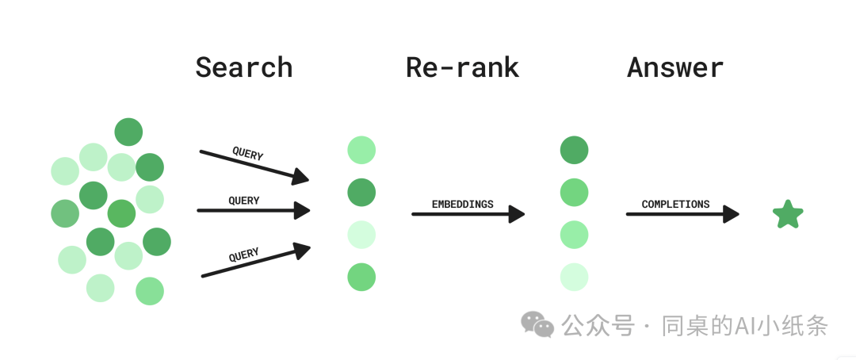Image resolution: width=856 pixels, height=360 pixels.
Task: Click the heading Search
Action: click(x=244, y=67)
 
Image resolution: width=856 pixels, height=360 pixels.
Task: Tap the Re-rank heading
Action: click(x=462, y=67)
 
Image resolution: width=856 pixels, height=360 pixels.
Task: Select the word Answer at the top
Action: click(x=675, y=67)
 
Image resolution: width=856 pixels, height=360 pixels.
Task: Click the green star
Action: click(x=788, y=214)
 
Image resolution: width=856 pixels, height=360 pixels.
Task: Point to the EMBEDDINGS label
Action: click(x=462, y=205)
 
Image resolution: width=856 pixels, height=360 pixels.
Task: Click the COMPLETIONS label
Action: click(x=675, y=205)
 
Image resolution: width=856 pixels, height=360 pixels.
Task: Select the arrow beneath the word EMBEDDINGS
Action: click(x=468, y=214)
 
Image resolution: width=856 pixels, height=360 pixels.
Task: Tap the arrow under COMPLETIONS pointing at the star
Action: click(x=682, y=214)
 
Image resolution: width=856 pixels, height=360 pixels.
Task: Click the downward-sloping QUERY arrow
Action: click(x=254, y=166)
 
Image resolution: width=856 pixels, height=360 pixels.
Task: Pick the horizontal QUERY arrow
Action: click(x=254, y=210)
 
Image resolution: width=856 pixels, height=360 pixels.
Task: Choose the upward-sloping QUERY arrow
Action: click(x=255, y=261)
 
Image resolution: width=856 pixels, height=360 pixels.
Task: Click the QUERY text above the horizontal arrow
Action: click(x=244, y=201)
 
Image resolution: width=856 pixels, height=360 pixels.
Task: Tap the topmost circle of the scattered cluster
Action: click(x=129, y=132)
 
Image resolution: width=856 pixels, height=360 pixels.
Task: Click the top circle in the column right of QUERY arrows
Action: click(x=361, y=150)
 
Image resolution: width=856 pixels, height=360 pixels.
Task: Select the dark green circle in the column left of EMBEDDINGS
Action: click(x=361, y=193)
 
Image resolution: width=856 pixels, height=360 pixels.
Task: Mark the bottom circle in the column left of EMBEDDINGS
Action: click(x=361, y=277)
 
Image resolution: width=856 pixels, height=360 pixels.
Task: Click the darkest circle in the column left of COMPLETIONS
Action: click(x=575, y=150)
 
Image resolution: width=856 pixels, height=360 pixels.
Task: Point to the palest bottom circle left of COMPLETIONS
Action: click(x=575, y=277)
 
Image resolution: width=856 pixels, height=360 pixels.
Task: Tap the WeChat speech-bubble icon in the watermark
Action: click(x=537, y=324)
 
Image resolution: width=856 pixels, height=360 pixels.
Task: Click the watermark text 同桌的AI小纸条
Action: click(x=745, y=326)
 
